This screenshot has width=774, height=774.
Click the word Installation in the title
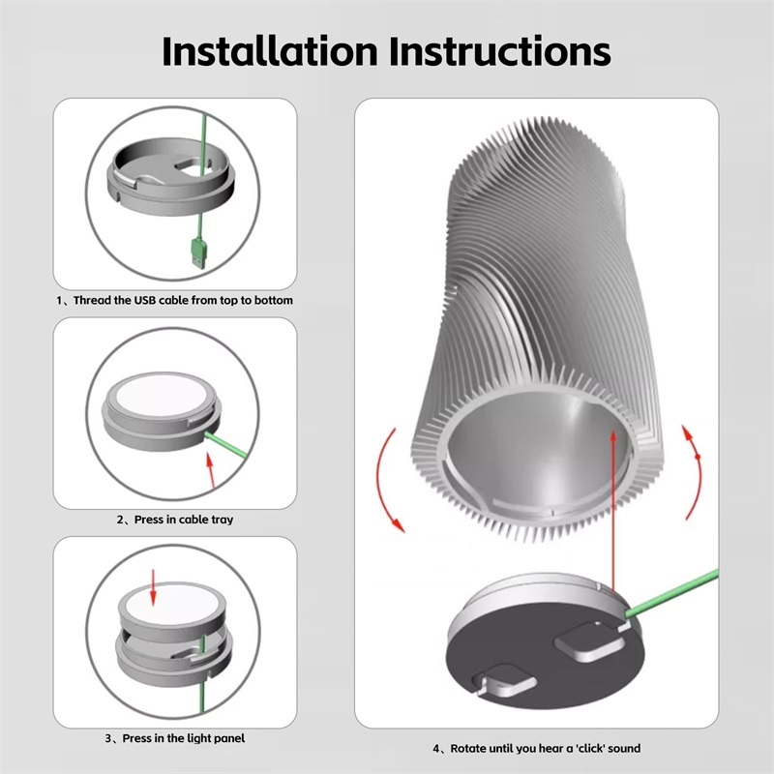coord(270,51)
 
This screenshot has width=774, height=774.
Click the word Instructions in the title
coord(499,51)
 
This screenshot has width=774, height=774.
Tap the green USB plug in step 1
coord(199,253)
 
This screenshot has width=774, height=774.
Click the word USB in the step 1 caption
coord(145,300)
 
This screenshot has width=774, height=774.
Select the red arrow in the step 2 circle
coord(211,471)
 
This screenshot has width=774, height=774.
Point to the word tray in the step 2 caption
coord(223,520)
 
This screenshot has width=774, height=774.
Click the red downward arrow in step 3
coord(153,587)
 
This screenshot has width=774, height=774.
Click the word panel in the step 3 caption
coord(229,738)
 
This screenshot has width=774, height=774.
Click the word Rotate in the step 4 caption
coord(468,748)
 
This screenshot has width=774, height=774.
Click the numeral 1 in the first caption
coord(59,301)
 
